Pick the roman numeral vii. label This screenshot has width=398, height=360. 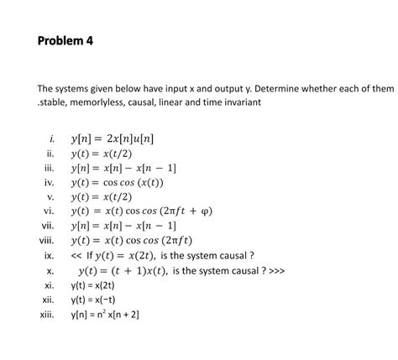coord(49,227)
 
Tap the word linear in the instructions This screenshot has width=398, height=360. coord(170,102)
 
